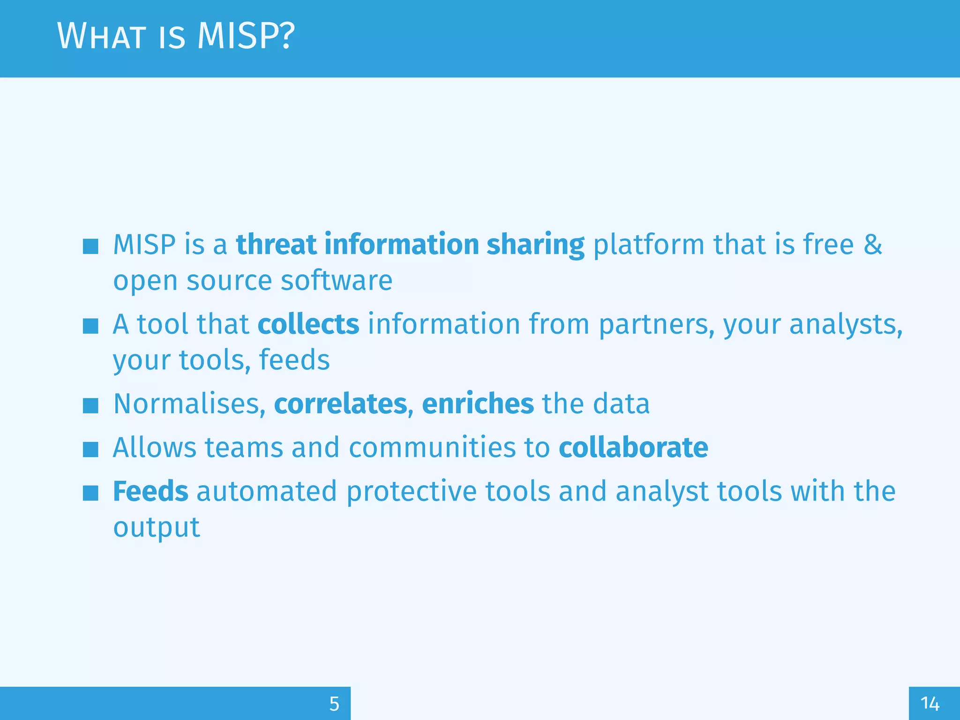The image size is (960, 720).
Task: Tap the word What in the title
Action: point(101,36)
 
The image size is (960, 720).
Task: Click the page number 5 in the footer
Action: point(334,704)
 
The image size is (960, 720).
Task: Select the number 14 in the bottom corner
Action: point(930,704)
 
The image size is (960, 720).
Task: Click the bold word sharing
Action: point(535,245)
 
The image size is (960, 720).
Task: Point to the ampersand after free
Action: point(873,245)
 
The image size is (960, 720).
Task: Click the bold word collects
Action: point(308,324)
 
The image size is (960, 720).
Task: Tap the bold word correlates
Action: point(340,404)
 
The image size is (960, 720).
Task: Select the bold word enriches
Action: point(478,404)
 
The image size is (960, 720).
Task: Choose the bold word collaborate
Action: point(633,447)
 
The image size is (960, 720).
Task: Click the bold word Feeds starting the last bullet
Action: point(150,491)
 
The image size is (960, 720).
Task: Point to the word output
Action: point(157,527)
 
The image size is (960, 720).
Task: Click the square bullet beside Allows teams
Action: point(90,449)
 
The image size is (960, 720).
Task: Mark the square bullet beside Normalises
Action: point(90,405)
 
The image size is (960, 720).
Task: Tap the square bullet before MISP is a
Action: point(90,246)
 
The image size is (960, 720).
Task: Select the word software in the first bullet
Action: point(336,281)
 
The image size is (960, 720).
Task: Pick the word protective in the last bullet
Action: point(411,491)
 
